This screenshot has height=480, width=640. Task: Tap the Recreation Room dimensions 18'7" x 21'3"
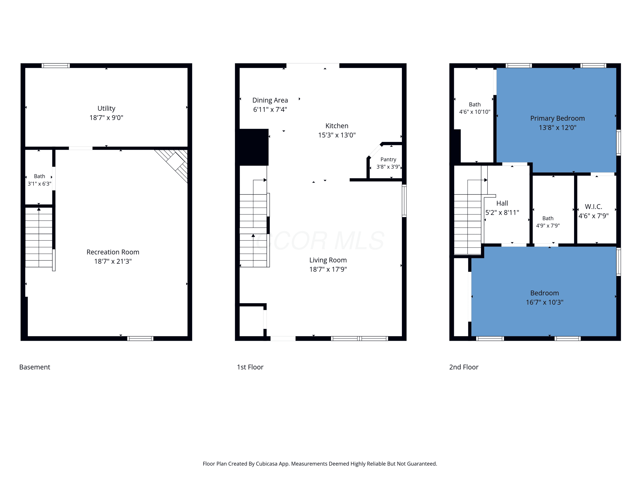[x=113, y=261]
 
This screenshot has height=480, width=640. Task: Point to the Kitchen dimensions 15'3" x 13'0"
[x=337, y=135]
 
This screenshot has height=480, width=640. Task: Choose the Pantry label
[x=388, y=159]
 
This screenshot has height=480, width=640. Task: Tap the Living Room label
[x=328, y=260]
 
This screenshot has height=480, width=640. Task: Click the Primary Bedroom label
[x=557, y=118]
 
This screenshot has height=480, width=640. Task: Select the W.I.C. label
[x=593, y=207]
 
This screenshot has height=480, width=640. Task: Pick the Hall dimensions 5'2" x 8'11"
[x=502, y=213]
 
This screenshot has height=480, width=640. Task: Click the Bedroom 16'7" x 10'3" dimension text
[x=544, y=302]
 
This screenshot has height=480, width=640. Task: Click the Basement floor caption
[x=35, y=367]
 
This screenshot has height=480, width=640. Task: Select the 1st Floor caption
[x=250, y=367]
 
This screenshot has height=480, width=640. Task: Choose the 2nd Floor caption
[x=464, y=367]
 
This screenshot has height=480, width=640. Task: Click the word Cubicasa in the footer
[x=266, y=464]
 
